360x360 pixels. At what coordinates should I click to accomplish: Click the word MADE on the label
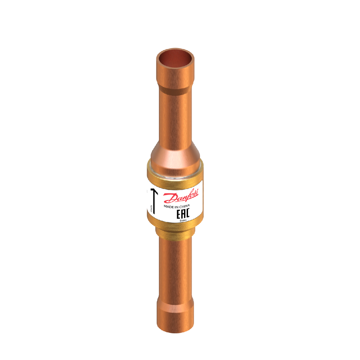pyautogui.click(x=168, y=207)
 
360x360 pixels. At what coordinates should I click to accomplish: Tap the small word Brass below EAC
pyautogui.click(x=183, y=221)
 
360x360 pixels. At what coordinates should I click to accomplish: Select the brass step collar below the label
pyautogui.click(x=174, y=232)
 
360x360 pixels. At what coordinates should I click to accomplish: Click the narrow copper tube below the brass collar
pyautogui.click(x=174, y=267)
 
